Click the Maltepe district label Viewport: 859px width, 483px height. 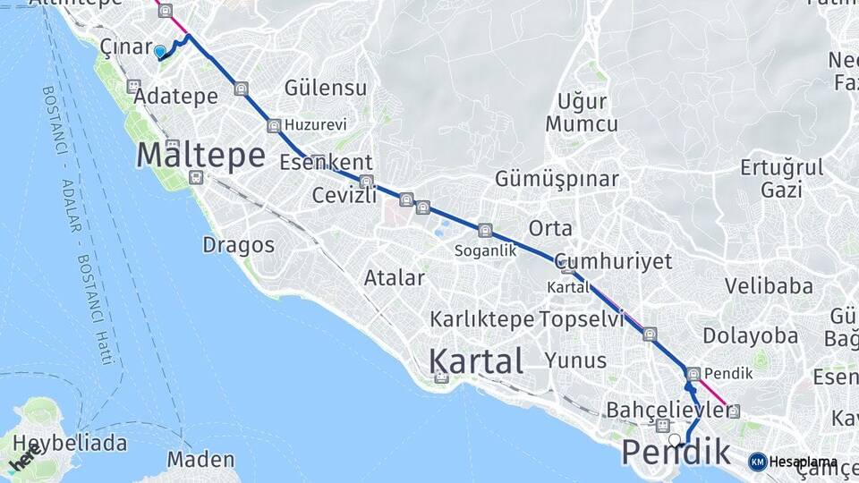pos(200,156)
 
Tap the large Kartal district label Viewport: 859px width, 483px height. pos(476,361)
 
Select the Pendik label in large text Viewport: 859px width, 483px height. pos(676,453)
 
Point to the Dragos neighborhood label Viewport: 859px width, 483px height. pos(238,244)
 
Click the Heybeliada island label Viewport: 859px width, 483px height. pos(64,444)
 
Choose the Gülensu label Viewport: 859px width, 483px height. pos(326,88)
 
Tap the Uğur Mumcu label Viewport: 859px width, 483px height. pos(582,113)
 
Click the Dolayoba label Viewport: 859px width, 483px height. pos(750,336)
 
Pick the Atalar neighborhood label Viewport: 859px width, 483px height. pos(394,278)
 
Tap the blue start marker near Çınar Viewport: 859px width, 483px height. pos(160,52)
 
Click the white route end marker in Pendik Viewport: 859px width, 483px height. pos(675,439)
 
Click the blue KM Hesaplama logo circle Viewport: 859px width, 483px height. pos(757,462)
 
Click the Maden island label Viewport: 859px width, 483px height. pos(200,461)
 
